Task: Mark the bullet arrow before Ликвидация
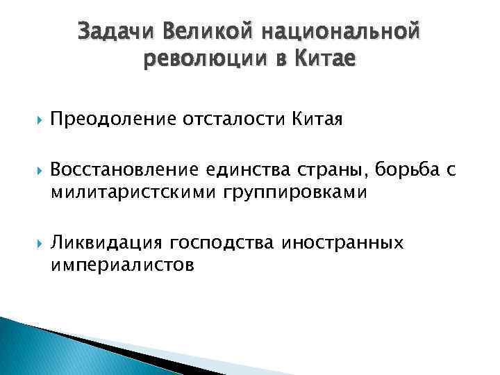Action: tap(36, 244)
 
